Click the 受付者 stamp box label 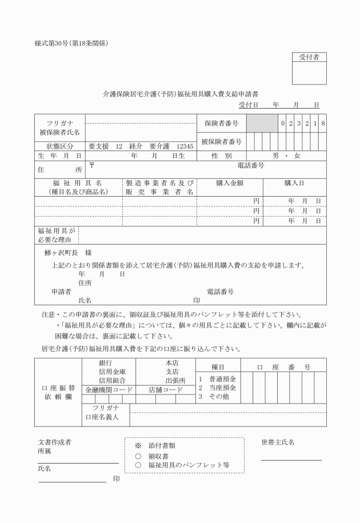[309, 57]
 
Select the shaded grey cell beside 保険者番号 [262, 123]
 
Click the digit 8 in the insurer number [323, 123]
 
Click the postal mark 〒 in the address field [91, 166]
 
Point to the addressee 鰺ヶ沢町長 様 [68, 253]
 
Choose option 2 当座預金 [217, 388]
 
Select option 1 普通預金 [217, 379]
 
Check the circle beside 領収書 [138, 456]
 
